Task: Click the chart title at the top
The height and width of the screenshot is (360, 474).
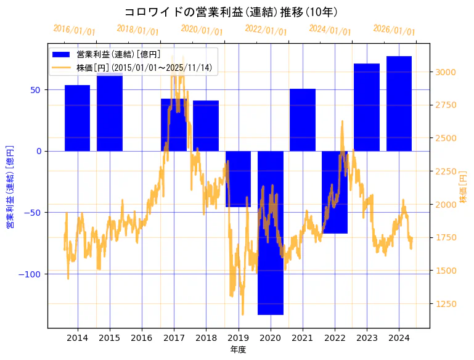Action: (231, 12)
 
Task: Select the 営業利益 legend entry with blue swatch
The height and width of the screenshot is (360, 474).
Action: (117, 55)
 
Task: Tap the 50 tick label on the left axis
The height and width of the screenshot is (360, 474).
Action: (36, 90)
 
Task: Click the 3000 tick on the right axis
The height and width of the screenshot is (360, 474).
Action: (445, 72)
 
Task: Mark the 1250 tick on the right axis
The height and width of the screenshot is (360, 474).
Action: (445, 304)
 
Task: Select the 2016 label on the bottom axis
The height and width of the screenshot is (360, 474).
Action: (142, 338)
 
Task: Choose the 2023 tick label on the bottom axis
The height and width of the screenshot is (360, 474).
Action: (367, 338)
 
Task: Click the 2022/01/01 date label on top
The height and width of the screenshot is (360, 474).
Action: (266, 30)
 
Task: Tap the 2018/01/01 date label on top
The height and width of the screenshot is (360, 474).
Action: (137, 30)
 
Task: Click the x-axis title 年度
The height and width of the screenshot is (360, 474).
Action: (238, 350)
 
